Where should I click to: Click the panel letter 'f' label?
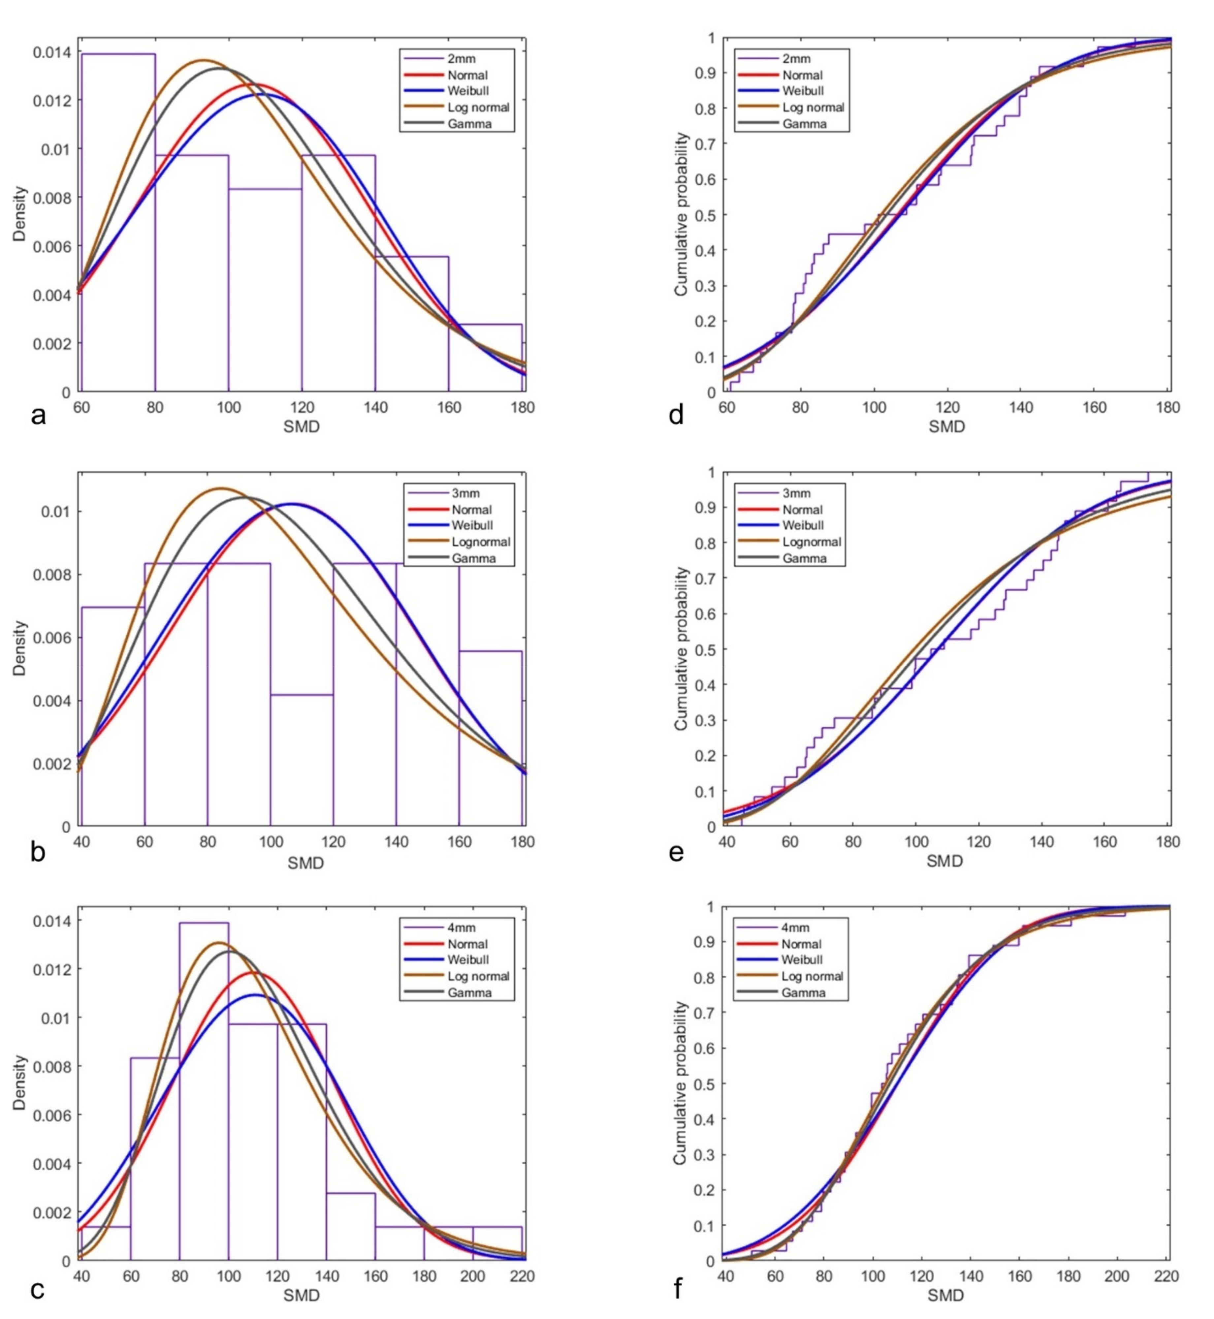click(x=677, y=1289)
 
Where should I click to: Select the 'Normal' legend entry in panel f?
click(x=801, y=944)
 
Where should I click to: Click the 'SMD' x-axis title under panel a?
click(x=302, y=427)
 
